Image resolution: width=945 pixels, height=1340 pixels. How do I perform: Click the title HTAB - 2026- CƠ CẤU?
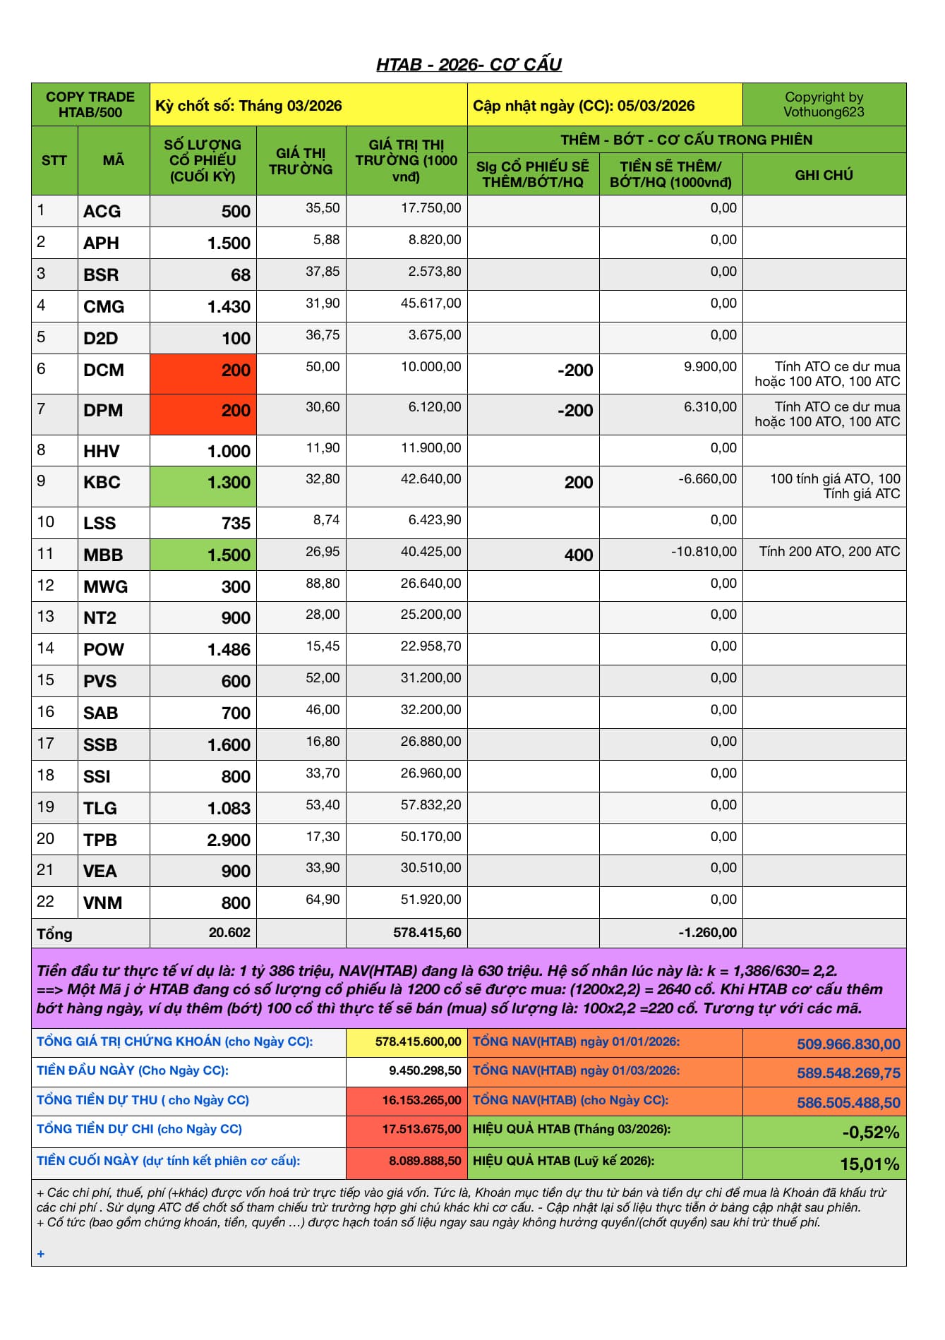[x=469, y=65]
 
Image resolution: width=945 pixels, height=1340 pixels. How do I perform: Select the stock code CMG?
[x=104, y=307]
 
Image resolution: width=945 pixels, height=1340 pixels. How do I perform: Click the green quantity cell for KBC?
[x=203, y=485]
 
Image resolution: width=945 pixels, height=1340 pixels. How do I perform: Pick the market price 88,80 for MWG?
[x=323, y=584]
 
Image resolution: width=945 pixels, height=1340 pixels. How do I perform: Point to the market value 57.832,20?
[x=431, y=805]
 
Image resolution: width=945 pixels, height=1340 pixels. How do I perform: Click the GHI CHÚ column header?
[x=824, y=175]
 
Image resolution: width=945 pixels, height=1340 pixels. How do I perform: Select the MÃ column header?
[x=113, y=161]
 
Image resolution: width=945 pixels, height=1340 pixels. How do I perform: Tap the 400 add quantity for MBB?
[x=578, y=555]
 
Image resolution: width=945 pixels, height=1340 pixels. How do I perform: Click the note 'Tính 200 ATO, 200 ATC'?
[x=829, y=552]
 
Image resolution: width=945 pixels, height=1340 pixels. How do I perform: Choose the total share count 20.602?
[x=229, y=933]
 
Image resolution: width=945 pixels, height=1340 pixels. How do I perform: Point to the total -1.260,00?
[x=707, y=933]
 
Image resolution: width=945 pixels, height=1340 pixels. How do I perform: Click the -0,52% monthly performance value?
[x=870, y=1133]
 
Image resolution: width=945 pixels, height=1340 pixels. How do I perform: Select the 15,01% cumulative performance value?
[x=869, y=1164]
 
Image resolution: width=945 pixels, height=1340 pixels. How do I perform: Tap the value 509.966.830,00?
[x=848, y=1044]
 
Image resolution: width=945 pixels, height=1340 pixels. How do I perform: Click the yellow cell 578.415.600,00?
[x=419, y=1042]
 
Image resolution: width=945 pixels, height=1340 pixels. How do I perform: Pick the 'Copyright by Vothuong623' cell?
[x=824, y=104]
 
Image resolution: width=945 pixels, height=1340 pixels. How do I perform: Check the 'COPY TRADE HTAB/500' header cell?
[x=90, y=104]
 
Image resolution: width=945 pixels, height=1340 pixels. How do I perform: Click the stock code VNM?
[x=103, y=903]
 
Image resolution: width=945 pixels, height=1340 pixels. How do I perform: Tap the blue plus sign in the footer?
[x=41, y=1254]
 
